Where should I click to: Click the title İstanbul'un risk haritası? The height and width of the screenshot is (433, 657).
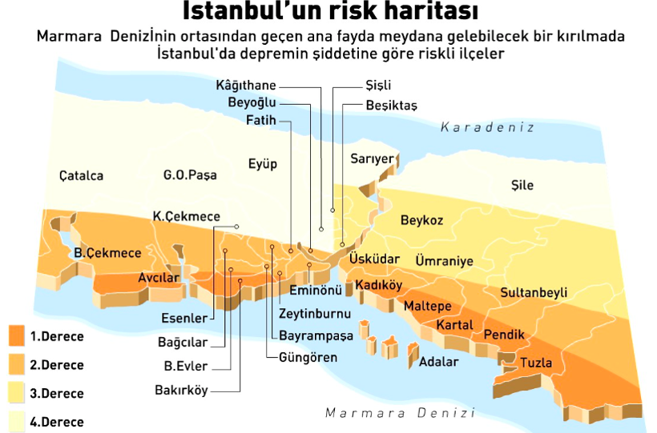pyautogui.click(x=330, y=12)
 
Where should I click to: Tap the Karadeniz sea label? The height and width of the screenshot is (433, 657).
pyautogui.click(x=486, y=127)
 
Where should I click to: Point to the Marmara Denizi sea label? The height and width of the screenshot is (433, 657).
pyautogui.click(x=400, y=413)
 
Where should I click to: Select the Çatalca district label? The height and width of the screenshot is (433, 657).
pyautogui.click(x=81, y=176)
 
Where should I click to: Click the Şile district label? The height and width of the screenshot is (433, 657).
pyautogui.click(x=522, y=186)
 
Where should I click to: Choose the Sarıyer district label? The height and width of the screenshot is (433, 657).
pyautogui.click(x=372, y=159)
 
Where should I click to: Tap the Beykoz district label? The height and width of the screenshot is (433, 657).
pyautogui.click(x=421, y=220)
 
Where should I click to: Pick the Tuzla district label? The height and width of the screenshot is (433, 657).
pyautogui.click(x=536, y=363)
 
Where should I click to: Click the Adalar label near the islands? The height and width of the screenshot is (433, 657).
pyautogui.click(x=438, y=362)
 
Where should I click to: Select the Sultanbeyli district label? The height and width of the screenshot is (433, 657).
pyautogui.click(x=533, y=293)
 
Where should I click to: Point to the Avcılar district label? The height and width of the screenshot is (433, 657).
pyautogui.click(x=158, y=278)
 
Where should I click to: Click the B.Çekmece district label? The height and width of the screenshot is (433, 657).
pyautogui.click(x=107, y=253)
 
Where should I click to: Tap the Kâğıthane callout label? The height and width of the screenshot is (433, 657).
pyautogui.click(x=246, y=86)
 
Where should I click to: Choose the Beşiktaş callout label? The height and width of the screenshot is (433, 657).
pyautogui.click(x=391, y=105)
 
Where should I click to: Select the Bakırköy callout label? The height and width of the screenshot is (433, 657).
pyautogui.click(x=181, y=391)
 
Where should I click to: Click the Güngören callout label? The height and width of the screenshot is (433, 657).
pyautogui.click(x=308, y=357)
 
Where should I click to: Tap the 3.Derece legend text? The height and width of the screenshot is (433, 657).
pyautogui.click(x=57, y=394)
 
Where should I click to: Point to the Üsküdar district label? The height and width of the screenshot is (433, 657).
pyautogui.click(x=373, y=259)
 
